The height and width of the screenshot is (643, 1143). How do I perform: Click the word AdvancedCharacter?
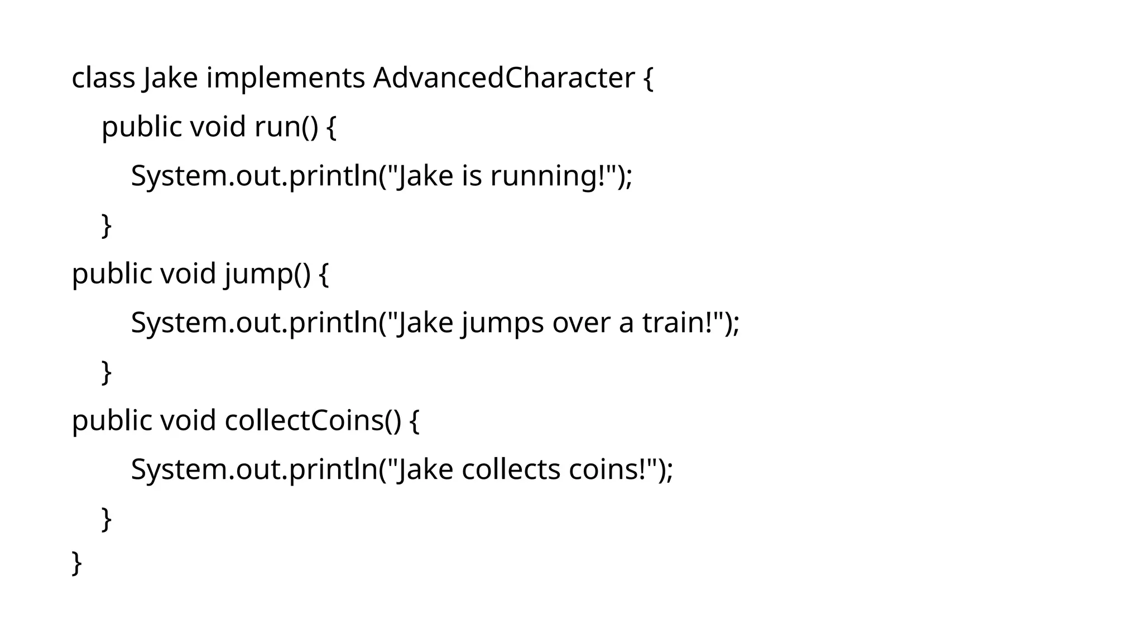click(x=503, y=78)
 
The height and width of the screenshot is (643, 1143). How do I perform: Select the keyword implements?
click(x=285, y=78)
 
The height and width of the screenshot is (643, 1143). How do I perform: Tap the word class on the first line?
click(x=103, y=78)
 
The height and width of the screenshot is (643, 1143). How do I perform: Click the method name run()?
click(x=286, y=127)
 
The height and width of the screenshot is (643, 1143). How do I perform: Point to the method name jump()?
click(x=267, y=274)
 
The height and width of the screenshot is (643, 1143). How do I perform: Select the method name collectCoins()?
click(x=313, y=420)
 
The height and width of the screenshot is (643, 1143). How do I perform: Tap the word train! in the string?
click(x=681, y=323)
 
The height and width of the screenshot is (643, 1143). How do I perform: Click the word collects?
click(x=511, y=469)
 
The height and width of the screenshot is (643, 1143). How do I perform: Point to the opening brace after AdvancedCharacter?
click(x=648, y=78)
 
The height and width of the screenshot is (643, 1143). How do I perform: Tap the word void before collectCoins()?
click(x=188, y=420)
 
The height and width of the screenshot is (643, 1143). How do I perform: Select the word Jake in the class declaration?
click(x=170, y=78)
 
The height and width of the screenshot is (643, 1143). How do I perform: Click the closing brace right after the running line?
click(x=107, y=225)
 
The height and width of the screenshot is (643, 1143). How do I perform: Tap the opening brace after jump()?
click(x=324, y=274)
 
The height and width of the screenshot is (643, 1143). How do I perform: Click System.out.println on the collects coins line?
click(x=254, y=469)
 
